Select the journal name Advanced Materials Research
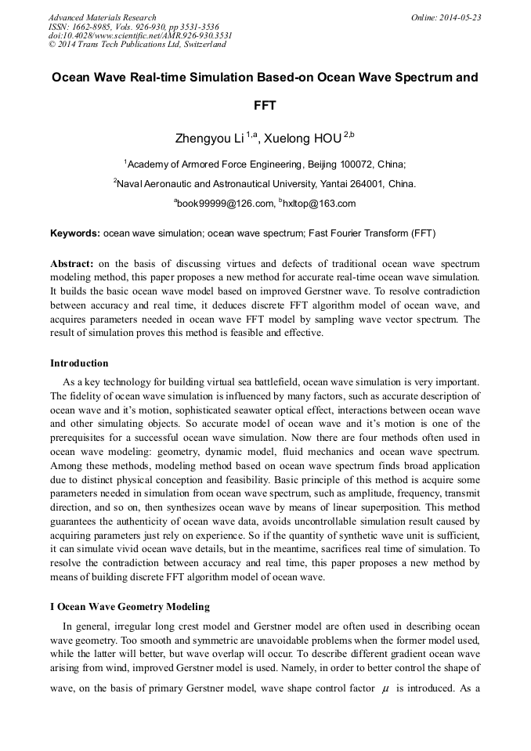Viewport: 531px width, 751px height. (x=102, y=17)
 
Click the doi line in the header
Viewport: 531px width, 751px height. (x=139, y=35)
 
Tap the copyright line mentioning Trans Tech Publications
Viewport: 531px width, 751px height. (x=137, y=45)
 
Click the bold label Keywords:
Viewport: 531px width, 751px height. (x=75, y=233)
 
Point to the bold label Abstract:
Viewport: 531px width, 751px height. (x=72, y=264)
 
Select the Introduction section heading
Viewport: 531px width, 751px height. (x=79, y=363)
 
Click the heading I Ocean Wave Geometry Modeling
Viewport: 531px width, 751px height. (x=130, y=607)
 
